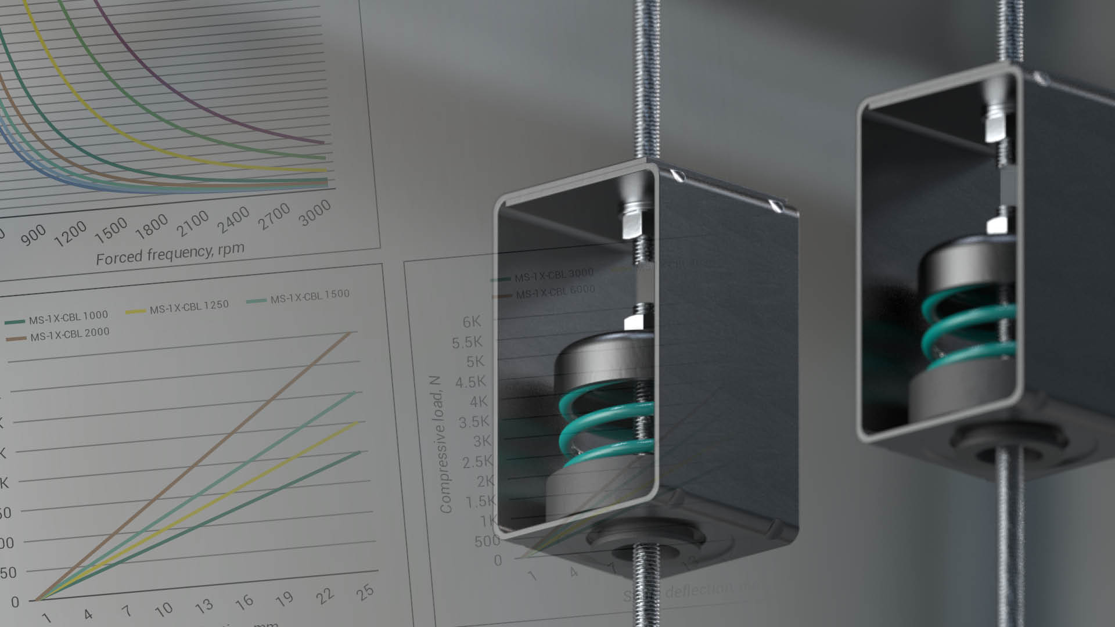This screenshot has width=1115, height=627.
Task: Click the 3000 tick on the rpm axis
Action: tap(315, 213)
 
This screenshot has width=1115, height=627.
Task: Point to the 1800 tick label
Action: tap(152, 226)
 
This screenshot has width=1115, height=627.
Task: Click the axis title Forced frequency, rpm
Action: tap(170, 254)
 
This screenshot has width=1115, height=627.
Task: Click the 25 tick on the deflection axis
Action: tap(365, 592)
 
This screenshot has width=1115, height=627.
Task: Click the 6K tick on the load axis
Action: tap(472, 322)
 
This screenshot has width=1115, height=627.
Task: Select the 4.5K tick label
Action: tap(470, 383)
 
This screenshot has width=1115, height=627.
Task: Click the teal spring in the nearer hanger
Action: tap(604, 430)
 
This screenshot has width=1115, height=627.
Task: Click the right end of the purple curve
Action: tap(323, 142)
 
